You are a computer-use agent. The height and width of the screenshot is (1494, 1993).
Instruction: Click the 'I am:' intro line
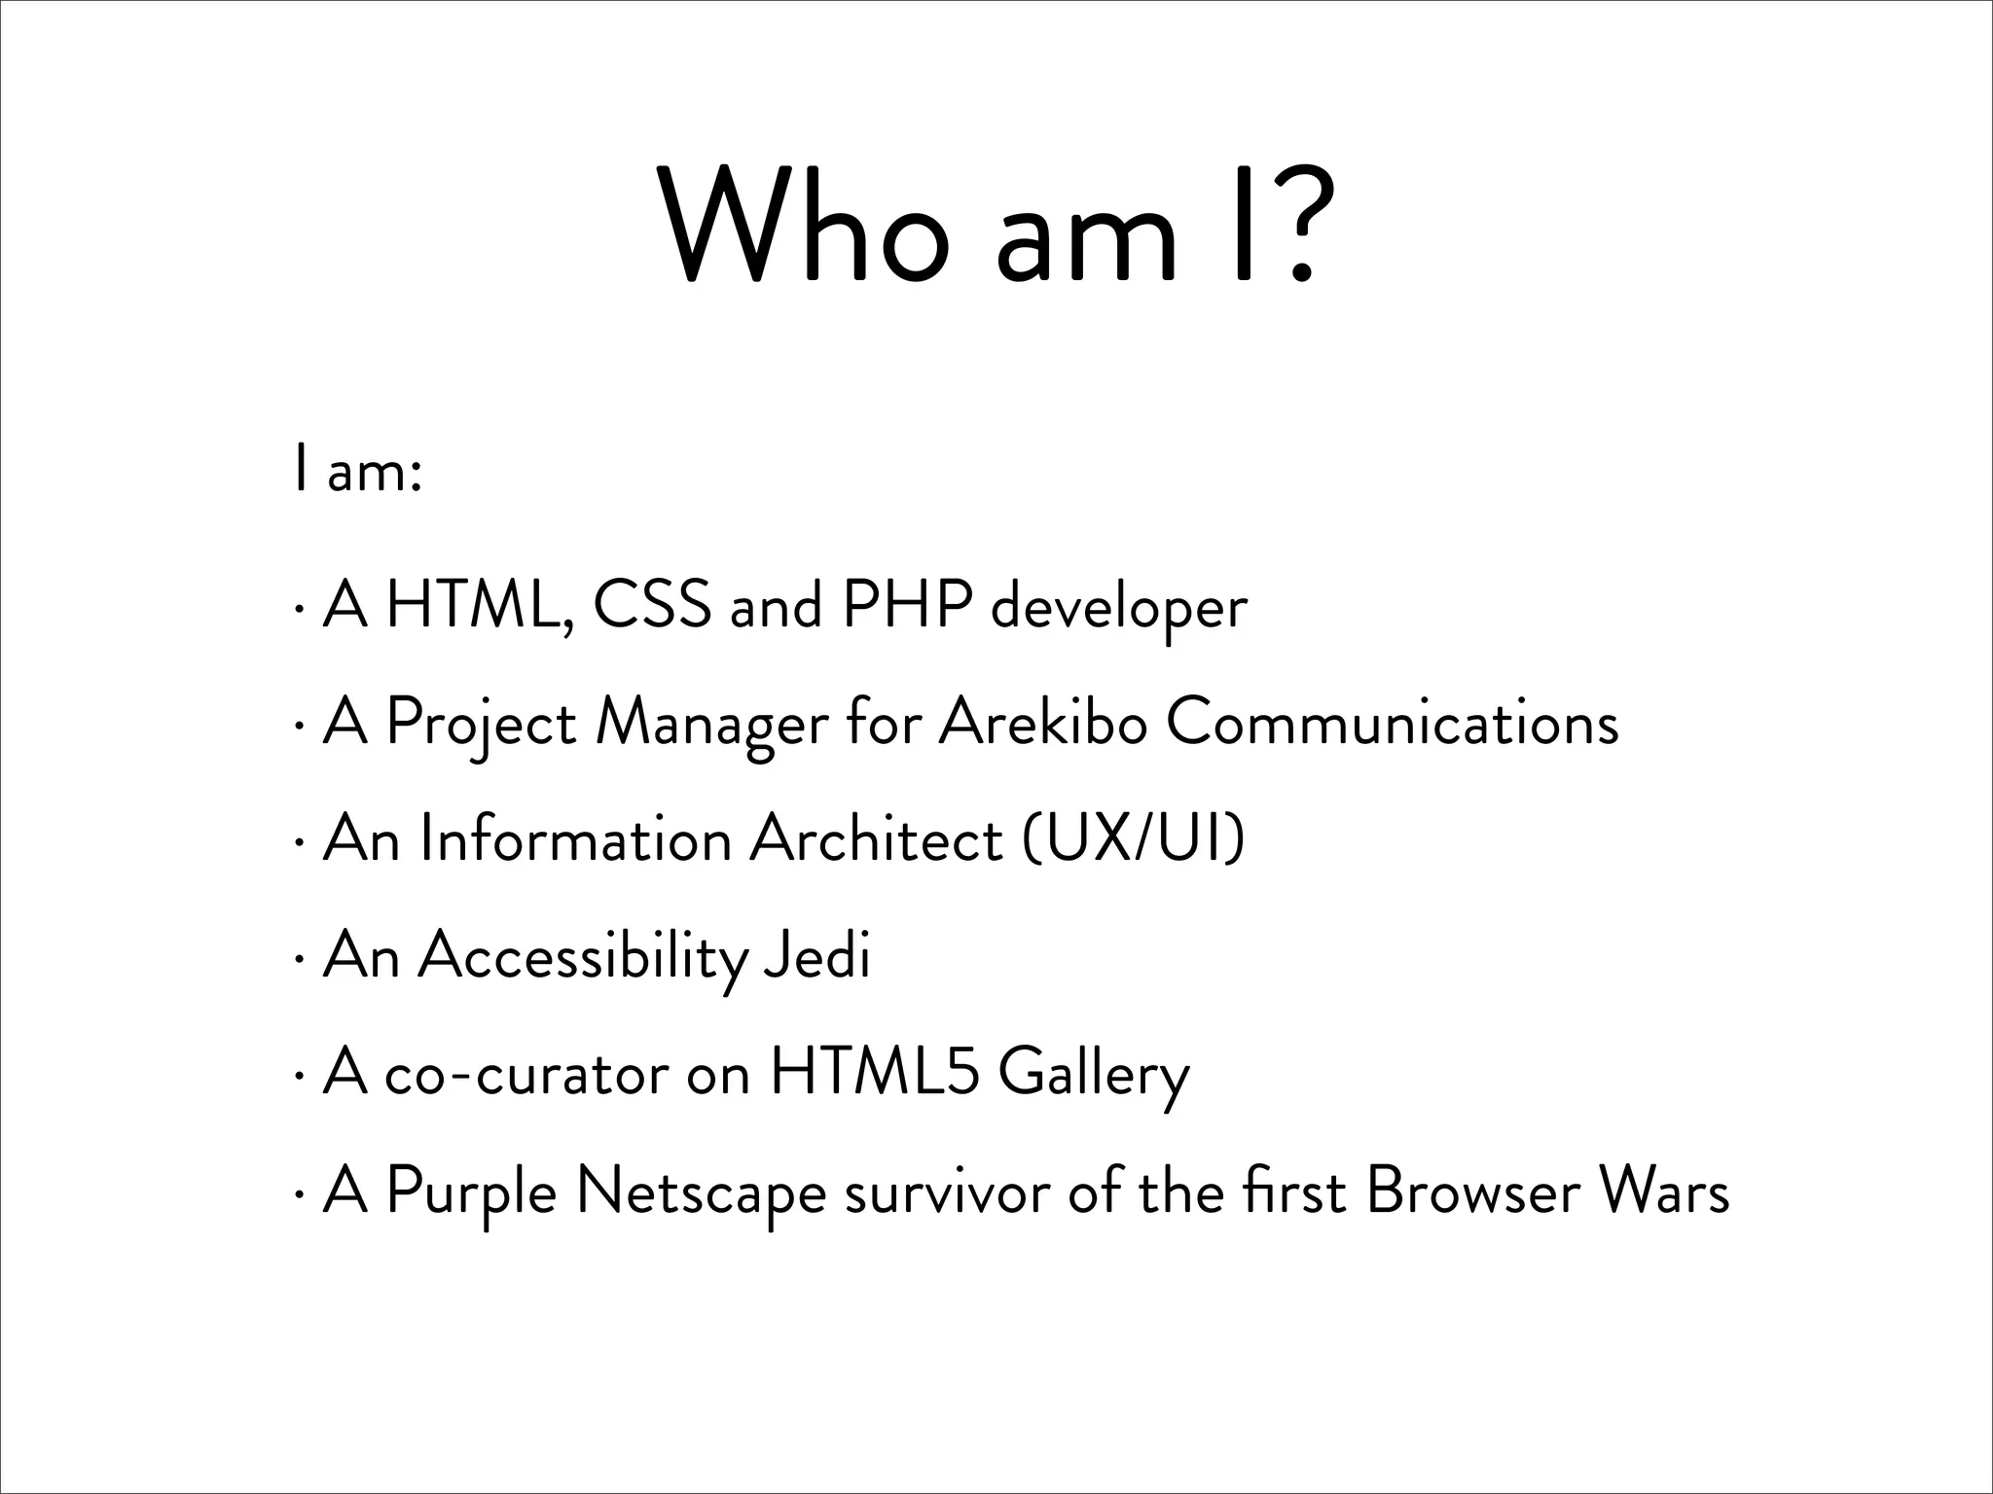(x=356, y=474)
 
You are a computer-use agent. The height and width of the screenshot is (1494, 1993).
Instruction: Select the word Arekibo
(x=1042, y=723)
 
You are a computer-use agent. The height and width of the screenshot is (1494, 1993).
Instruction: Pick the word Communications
(x=1393, y=723)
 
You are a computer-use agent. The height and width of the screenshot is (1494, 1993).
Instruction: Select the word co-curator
(x=526, y=1075)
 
